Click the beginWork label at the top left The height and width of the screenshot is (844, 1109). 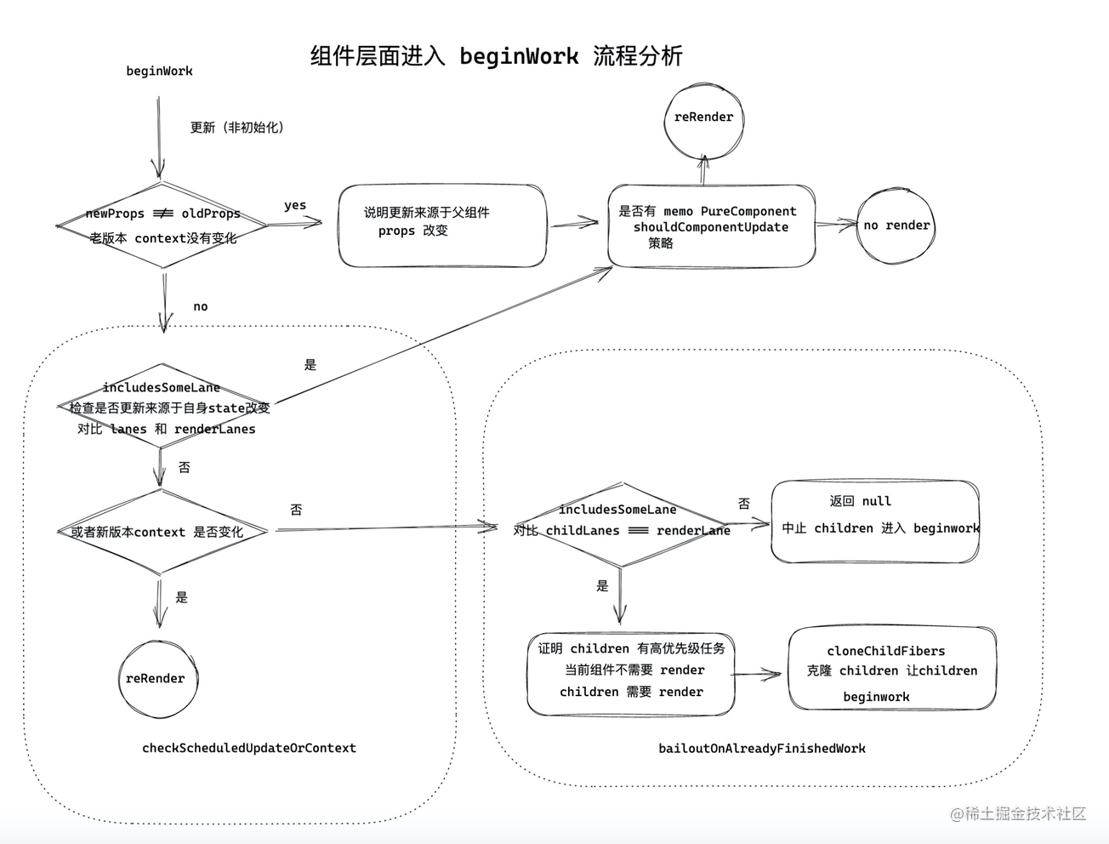click(159, 71)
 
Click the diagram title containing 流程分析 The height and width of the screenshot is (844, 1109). click(496, 56)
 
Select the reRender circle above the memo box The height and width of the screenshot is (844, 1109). click(703, 118)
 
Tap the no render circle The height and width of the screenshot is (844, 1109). click(896, 225)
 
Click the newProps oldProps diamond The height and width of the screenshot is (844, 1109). click(162, 225)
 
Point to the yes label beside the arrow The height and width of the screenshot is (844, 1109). click(295, 205)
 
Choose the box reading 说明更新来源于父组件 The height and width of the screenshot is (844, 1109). click(441, 225)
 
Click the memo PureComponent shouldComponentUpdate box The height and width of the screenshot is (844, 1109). click(711, 226)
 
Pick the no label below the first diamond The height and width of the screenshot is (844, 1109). click(201, 306)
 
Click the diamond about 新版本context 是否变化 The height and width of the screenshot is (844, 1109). click(162, 532)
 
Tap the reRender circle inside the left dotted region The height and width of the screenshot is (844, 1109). click(157, 678)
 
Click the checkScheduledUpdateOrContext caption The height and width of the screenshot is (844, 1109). click(249, 748)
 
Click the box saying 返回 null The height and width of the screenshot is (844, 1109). click(875, 522)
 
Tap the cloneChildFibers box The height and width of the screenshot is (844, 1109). click(891, 670)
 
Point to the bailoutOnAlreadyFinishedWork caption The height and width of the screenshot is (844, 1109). click(762, 749)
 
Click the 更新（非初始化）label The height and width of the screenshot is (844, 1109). click(237, 128)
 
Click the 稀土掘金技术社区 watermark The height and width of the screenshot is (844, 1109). click(1019, 813)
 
